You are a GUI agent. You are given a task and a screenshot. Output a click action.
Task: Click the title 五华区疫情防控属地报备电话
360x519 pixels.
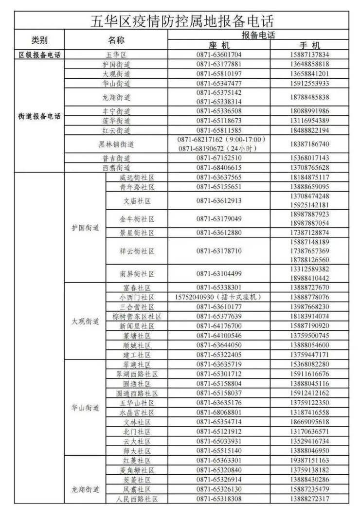coord(182,21)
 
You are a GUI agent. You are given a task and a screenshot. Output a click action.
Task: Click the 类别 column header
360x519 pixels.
coord(39,40)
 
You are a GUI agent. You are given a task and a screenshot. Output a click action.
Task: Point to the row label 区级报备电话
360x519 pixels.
coord(39,55)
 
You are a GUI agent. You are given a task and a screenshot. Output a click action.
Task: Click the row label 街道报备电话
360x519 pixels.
coord(39,117)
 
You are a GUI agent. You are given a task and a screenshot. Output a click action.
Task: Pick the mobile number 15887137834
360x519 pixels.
coord(309,55)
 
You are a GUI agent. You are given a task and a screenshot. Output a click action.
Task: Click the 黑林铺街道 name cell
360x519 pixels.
coord(116,144)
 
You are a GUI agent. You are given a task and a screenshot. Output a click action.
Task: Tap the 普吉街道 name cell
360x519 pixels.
coord(116,158)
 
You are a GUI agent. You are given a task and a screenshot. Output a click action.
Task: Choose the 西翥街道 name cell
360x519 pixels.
coord(116,167)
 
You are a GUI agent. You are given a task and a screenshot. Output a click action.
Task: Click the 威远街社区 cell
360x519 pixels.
coord(137,178)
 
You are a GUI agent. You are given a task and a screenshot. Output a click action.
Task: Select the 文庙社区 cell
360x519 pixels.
coord(137,200)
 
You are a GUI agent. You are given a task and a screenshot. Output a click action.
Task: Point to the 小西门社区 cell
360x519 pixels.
coord(137,297)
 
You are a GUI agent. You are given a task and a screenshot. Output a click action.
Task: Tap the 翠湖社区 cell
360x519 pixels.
coord(137,364)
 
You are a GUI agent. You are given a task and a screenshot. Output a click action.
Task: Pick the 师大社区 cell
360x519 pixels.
coord(137,451)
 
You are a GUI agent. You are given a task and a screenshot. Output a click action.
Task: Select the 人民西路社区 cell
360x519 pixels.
coord(137,499)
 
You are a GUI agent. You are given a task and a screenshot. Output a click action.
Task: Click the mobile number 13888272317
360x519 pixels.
coord(309,499)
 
